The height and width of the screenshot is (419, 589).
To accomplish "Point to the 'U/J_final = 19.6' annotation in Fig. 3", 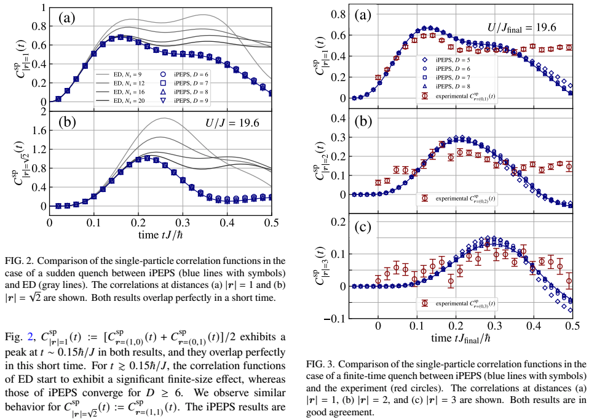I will (x=522, y=27).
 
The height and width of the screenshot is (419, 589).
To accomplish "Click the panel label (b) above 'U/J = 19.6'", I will (x=66, y=121).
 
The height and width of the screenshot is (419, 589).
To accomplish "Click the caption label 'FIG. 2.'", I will (x=18, y=259).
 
